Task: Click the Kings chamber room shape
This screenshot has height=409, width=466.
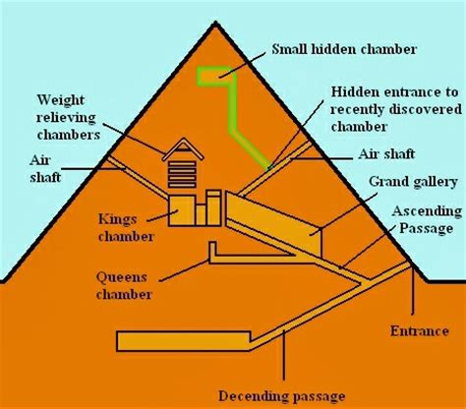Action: coord(181,210)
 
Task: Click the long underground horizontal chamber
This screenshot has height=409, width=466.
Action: coord(197,340)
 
